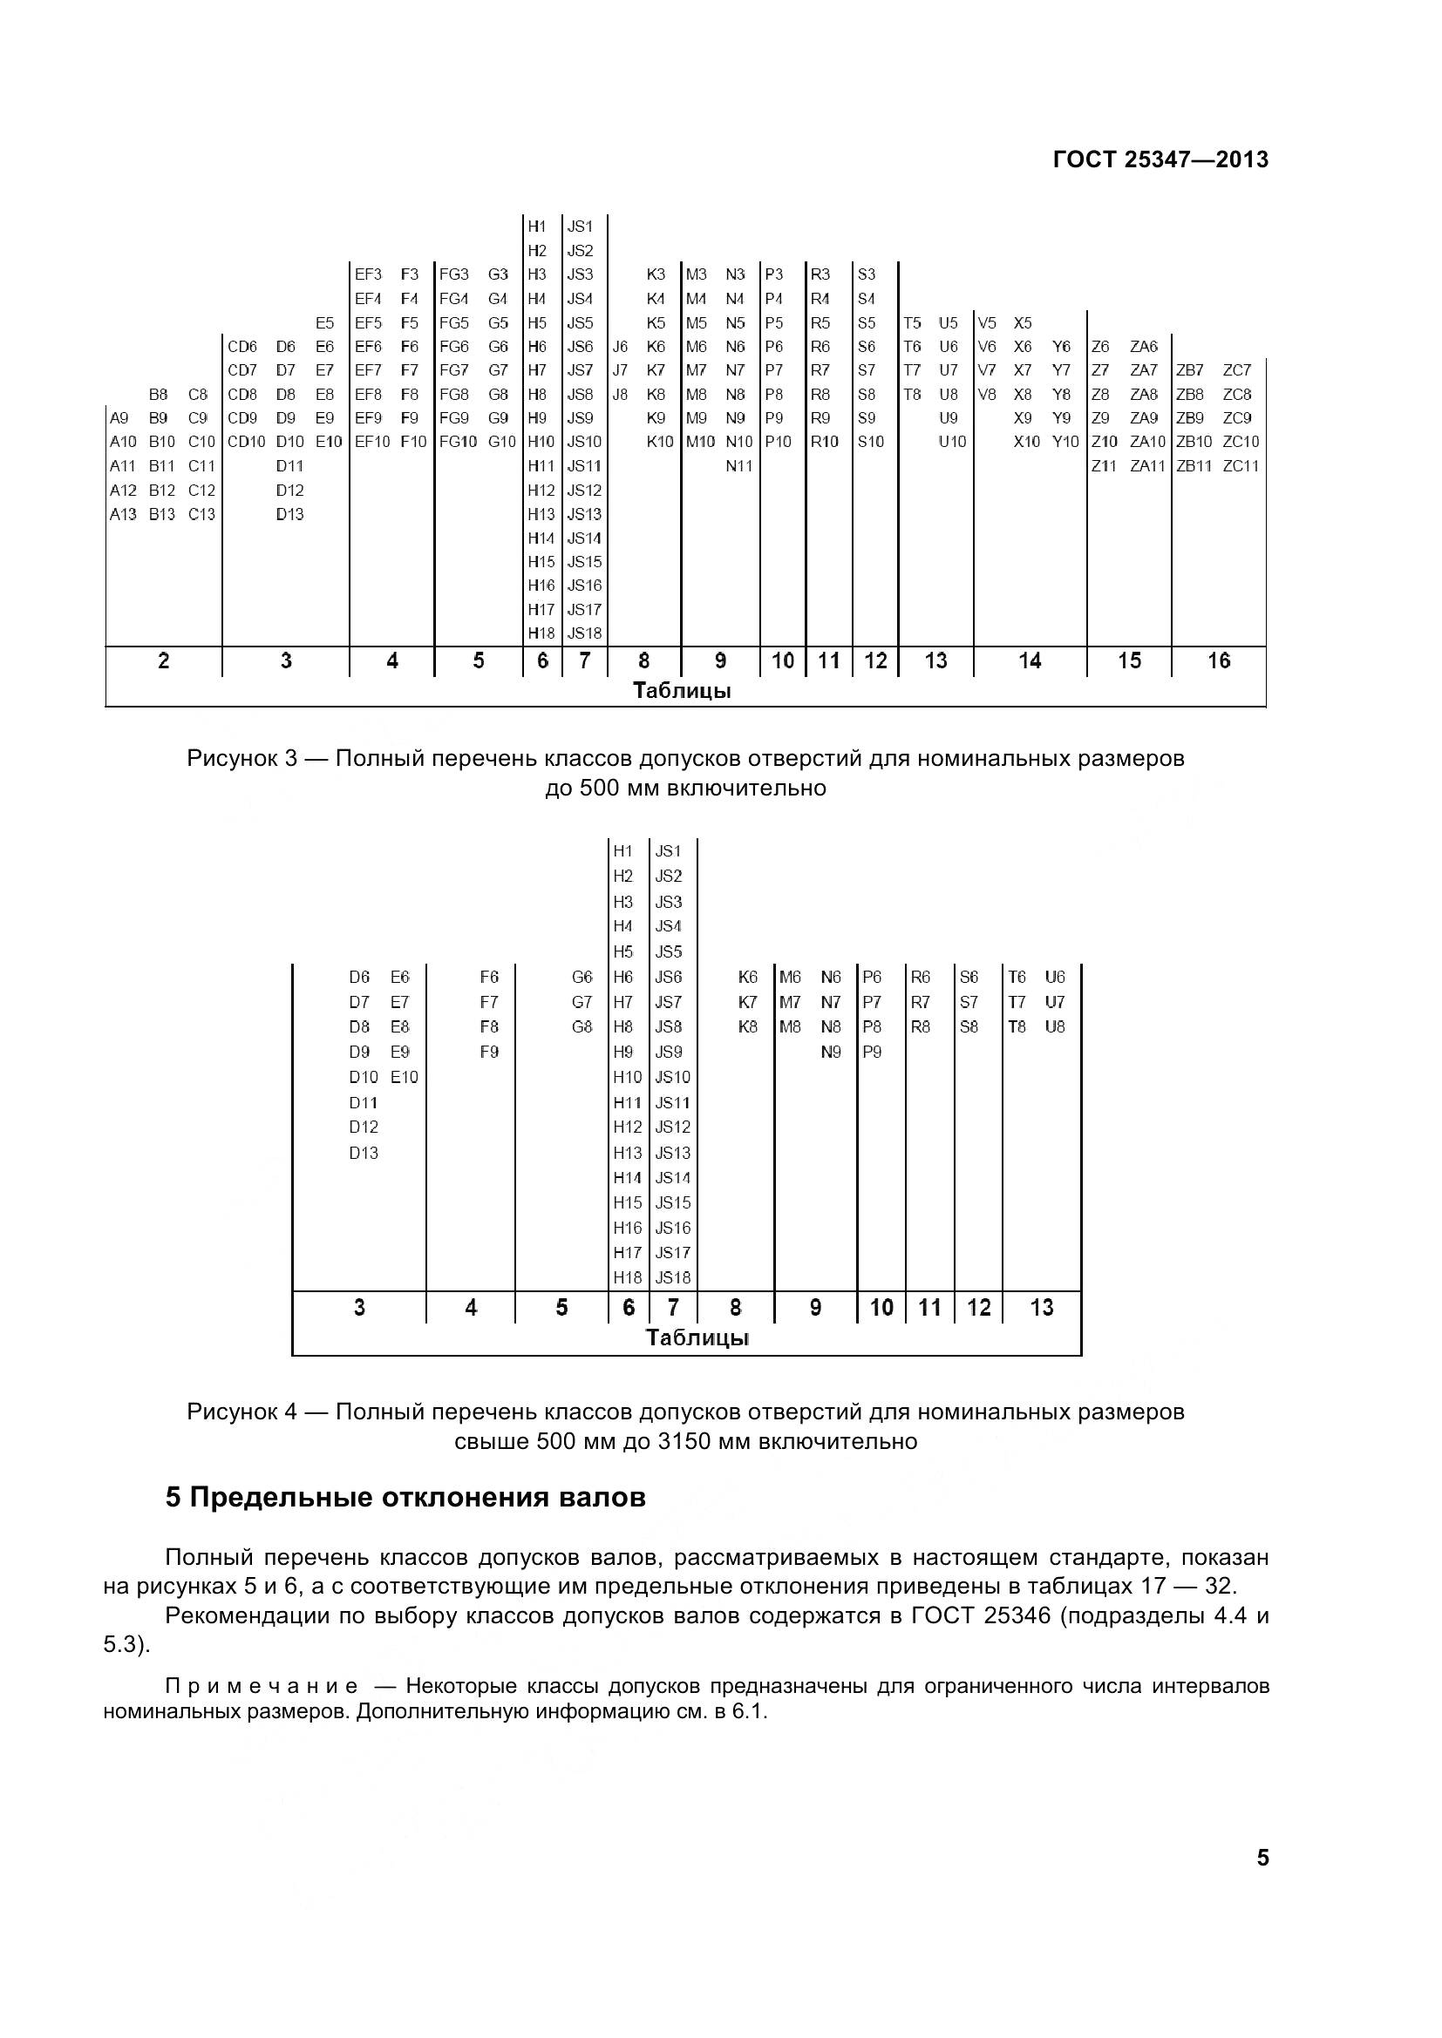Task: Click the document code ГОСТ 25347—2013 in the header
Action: pos(1160,159)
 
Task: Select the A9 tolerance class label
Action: pos(119,418)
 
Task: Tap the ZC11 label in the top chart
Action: pos(1241,466)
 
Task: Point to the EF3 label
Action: pos(368,275)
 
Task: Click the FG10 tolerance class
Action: pos(459,442)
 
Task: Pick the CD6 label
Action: pos(242,347)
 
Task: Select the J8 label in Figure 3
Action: pos(620,394)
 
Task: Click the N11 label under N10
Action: pos(738,466)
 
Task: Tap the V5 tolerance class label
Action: pos(988,323)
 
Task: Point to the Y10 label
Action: pos(1065,442)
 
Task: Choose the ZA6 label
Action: pos(1144,347)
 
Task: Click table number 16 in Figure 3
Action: pos(1218,660)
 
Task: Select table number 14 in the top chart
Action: pos(1029,660)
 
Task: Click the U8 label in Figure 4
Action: pos(1055,1027)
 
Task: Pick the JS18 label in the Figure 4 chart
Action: pos(672,1278)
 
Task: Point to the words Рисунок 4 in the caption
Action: pos(241,1412)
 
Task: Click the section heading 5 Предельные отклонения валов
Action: pos(405,1499)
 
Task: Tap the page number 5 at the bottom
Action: pos(1262,1858)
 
